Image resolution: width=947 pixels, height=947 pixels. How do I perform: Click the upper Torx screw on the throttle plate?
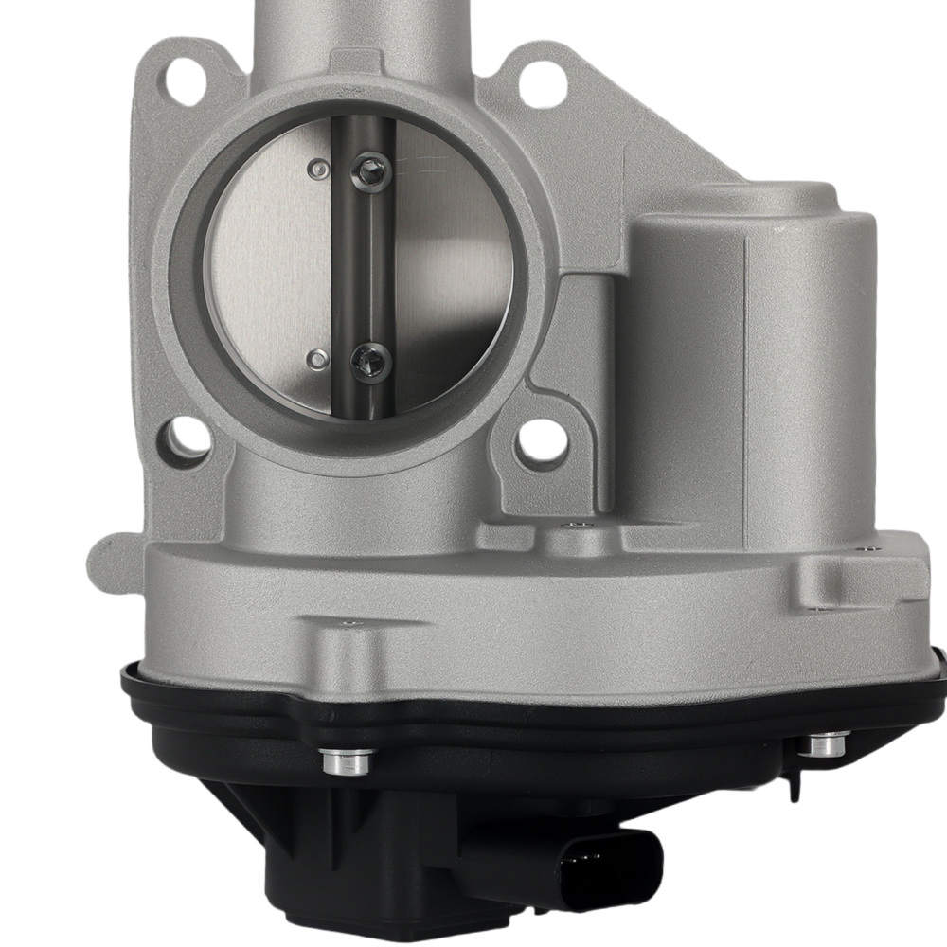pyautogui.click(x=369, y=171)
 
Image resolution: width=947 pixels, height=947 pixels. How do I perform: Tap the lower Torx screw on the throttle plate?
pyautogui.click(x=369, y=360)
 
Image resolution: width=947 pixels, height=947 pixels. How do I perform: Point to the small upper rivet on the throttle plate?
pyautogui.click(x=319, y=170)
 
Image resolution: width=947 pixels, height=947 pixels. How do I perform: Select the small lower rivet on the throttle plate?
pyautogui.click(x=319, y=359)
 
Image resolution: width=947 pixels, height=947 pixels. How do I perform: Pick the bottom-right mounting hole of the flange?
pyautogui.click(x=542, y=439)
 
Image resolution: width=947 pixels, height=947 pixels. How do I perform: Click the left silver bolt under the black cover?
pyautogui.click(x=348, y=759)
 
